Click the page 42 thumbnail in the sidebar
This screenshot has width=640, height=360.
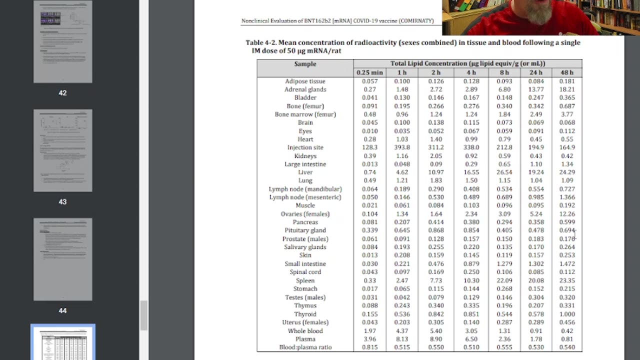pyautogui.click(x=62, y=42)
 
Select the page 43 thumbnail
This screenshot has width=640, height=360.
pyautogui.click(x=62, y=150)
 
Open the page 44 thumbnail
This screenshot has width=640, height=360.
pyautogui.click(x=62, y=259)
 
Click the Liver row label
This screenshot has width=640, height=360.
pyautogui.click(x=305, y=172)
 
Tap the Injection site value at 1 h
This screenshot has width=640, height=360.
pyautogui.click(x=401, y=147)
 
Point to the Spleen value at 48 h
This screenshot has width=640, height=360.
pyautogui.click(x=567, y=280)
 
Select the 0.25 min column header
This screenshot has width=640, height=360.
pyautogui.click(x=369, y=72)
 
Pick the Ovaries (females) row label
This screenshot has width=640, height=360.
pyautogui.click(x=305, y=214)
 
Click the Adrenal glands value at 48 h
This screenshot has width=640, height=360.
pyautogui.click(x=567, y=89)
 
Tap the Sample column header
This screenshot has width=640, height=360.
pyautogui.click(x=305, y=64)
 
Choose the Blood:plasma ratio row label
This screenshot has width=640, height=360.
pyautogui.click(x=305, y=347)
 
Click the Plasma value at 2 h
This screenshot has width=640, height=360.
pyautogui.click(x=435, y=339)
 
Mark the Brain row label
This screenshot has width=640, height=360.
pyautogui.click(x=305, y=122)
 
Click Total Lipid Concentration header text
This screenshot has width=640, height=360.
pyautogui.click(x=467, y=63)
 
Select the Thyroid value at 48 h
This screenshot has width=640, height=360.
pyautogui.click(x=567, y=314)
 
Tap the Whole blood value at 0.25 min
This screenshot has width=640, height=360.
pyautogui.click(x=369, y=330)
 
